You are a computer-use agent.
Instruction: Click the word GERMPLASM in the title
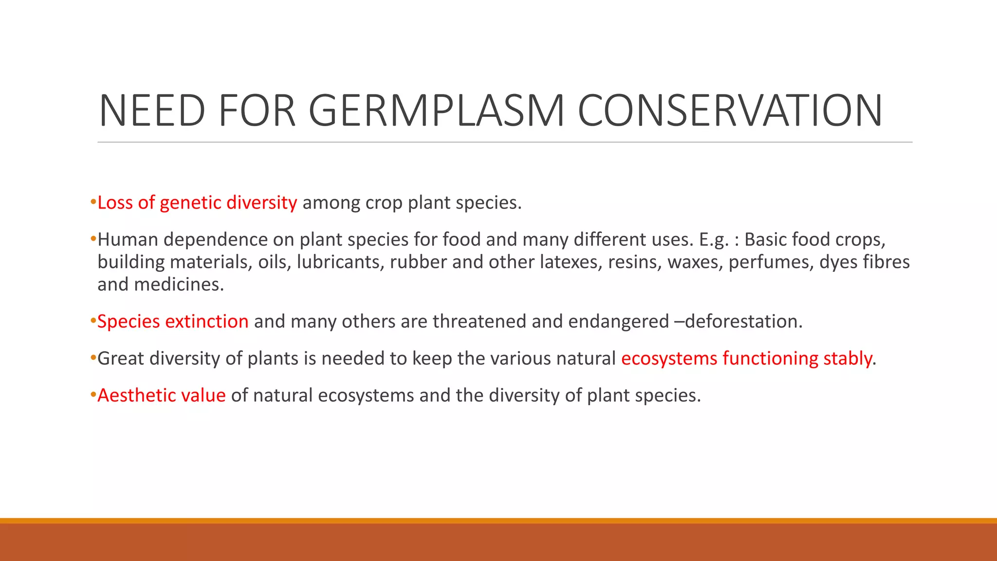[436, 111]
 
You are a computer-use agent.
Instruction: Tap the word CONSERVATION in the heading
[730, 111]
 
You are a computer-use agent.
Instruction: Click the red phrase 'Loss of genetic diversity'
[197, 203]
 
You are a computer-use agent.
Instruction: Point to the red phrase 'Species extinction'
[173, 321]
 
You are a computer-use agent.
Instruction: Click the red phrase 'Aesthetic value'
[162, 395]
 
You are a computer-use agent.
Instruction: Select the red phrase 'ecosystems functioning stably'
[747, 358]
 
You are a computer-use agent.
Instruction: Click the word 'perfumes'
[770, 262]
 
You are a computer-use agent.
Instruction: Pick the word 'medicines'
[179, 284]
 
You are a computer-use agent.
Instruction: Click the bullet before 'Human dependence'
[93, 239]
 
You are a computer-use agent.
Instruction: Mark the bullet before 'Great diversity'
[93, 358]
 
